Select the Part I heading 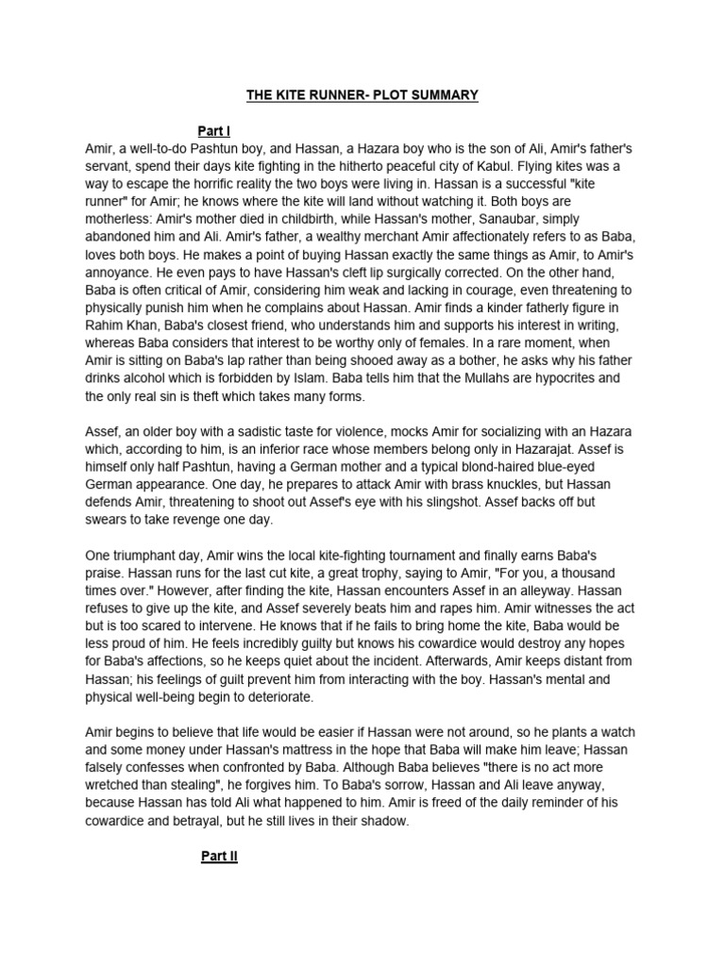click(214, 131)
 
